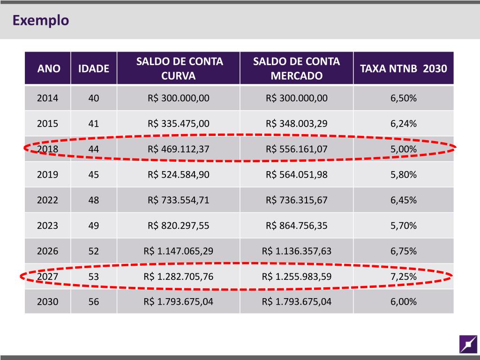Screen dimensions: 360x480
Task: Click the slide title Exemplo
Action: point(41,21)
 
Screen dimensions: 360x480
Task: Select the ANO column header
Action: point(49,69)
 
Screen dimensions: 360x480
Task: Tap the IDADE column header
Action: point(94,69)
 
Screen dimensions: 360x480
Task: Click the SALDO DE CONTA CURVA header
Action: point(179,68)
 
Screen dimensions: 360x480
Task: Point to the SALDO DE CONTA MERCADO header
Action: point(296,68)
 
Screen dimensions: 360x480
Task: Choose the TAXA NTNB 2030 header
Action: point(404,69)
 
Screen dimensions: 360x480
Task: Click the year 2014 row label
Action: point(48,98)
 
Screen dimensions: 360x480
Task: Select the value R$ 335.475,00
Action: point(179,124)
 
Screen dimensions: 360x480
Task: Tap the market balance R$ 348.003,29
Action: point(296,124)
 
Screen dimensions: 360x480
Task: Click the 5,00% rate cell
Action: point(404,150)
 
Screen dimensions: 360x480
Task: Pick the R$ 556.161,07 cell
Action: point(296,150)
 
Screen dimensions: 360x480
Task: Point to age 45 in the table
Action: point(94,175)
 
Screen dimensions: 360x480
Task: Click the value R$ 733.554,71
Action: point(179,200)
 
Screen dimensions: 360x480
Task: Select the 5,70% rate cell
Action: point(404,225)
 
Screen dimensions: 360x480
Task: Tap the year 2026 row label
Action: point(48,251)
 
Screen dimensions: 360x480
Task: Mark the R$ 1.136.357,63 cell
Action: point(296,251)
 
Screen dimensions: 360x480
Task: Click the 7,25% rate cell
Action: point(404,277)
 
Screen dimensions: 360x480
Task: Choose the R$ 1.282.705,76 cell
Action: point(179,277)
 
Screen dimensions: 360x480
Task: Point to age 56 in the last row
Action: point(94,302)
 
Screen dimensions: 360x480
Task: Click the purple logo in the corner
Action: point(468,345)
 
